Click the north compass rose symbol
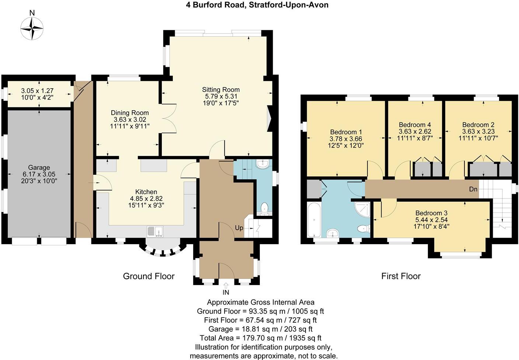coord(32,29)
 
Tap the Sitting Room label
coord(220,90)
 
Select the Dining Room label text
coord(130,113)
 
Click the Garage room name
coord(39,167)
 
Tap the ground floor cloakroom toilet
coord(264,209)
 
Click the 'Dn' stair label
coord(473,189)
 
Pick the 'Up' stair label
coord(239,228)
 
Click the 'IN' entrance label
coord(226,292)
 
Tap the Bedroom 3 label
coord(431,213)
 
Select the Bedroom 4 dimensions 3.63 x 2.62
coord(415,131)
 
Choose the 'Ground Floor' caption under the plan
coord(148,276)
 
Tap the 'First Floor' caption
coord(401,276)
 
